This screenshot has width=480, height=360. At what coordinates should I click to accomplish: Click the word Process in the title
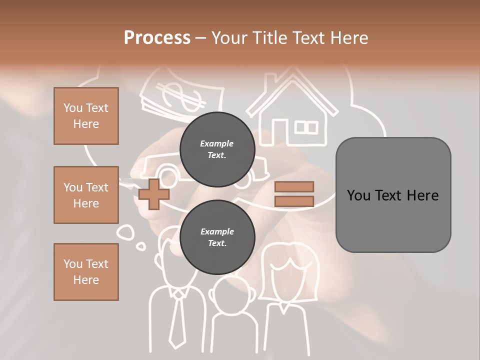point(157,38)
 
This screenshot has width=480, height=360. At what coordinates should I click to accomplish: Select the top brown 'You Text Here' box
point(86,116)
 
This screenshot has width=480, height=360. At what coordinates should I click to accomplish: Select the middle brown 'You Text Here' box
point(86,195)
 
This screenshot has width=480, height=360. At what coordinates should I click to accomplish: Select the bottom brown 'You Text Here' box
point(86,272)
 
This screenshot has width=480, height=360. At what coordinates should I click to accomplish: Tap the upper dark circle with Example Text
point(217,149)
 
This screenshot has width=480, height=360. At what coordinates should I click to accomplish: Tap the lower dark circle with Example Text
point(217,237)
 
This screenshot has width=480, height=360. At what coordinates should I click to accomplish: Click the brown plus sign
point(154,194)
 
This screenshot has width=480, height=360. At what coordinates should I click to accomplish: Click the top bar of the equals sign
point(294,187)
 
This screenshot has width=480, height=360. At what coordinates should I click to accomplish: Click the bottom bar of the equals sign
point(294,201)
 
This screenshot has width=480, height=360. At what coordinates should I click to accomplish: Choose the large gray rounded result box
point(393,195)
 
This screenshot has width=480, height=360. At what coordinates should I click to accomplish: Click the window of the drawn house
point(306,127)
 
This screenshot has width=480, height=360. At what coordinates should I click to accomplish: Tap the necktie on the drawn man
point(177,320)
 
